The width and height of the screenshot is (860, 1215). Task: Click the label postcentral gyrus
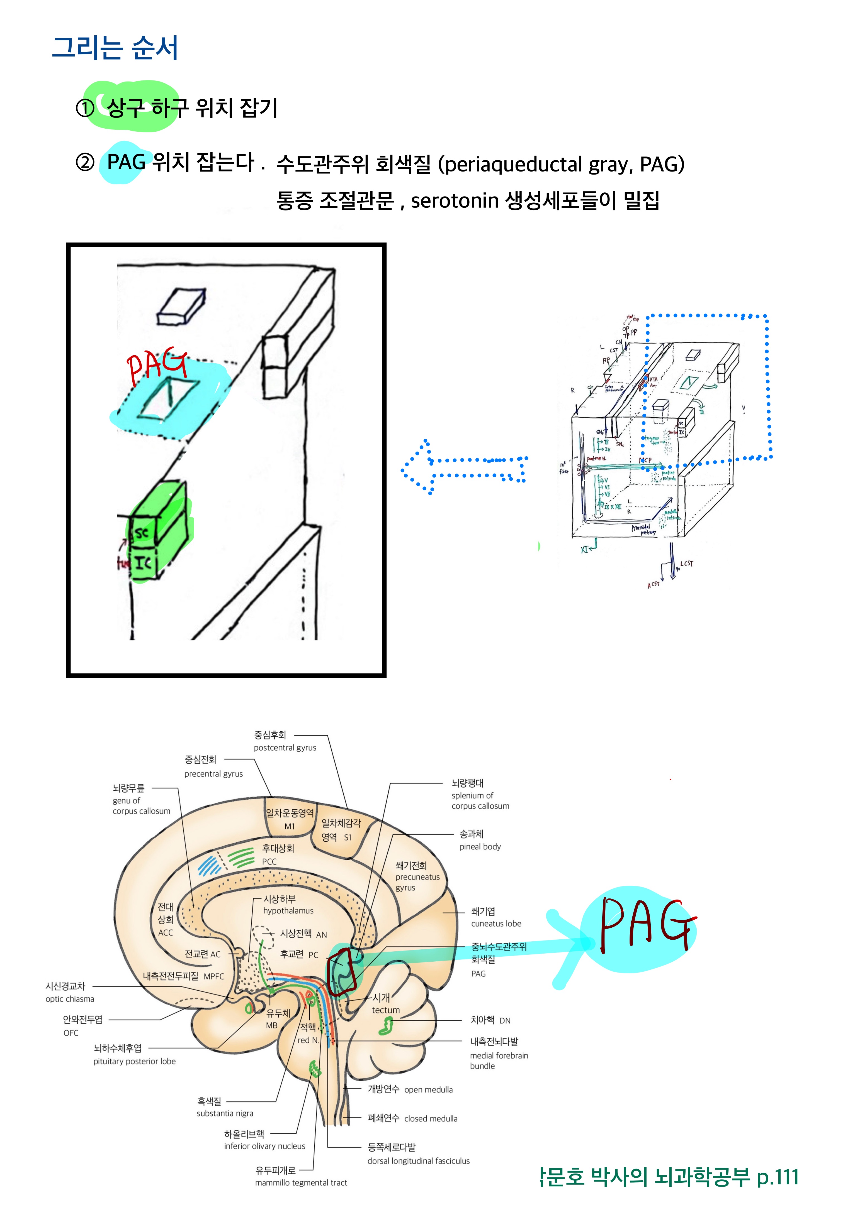[285, 748]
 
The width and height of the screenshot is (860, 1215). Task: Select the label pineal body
[480, 847]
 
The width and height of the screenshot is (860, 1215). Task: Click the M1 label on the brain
[289, 826]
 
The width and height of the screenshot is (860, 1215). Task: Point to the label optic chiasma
[70, 999]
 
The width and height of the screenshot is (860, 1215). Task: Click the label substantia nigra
[225, 1113]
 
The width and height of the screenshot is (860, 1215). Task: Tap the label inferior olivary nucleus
[264, 1146]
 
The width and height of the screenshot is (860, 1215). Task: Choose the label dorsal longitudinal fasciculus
[418, 1161]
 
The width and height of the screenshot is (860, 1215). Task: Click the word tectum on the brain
[385, 1010]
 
